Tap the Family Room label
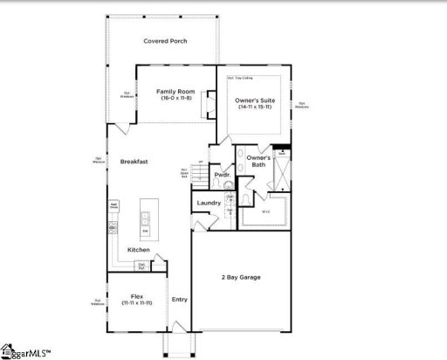tap(174, 91)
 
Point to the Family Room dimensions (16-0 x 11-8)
tap(174, 98)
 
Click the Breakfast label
tap(134, 161)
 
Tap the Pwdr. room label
tap(221, 173)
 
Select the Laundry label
tap(209, 203)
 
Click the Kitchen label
tap(139, 250)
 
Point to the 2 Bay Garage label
tap(240, 277)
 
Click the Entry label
tap(180, 299)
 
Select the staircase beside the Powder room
tap(200, 177)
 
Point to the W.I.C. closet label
tap(265, 211)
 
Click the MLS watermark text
tap(26, 352)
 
